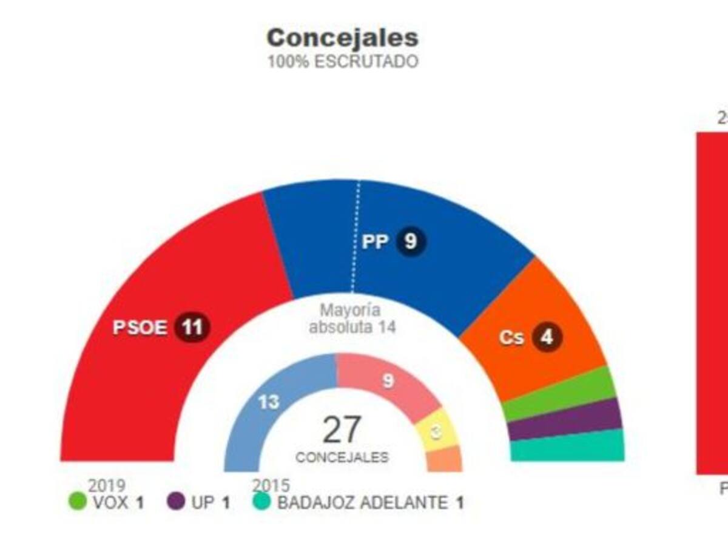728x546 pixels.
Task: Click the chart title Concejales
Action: (343, 38)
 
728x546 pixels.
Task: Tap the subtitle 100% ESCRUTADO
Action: (343, 62)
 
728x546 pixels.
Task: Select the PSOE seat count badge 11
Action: (192, 328)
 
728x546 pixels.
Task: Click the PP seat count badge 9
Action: (411, 241)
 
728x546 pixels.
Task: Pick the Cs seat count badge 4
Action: (547, 337)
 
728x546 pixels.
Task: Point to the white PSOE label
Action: (140, 328)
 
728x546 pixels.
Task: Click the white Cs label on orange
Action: (511, 338)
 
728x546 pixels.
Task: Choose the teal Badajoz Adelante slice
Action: (568, 447)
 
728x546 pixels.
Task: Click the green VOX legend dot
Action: (78, 502)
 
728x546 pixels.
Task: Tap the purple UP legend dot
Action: (176, 502)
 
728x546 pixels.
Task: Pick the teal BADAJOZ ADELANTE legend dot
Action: (262, 502)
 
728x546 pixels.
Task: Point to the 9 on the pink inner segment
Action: (388, 381)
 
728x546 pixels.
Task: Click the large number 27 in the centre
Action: (342, 430)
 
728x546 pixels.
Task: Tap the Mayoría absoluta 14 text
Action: (351, 319)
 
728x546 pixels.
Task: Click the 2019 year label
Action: (107, 485)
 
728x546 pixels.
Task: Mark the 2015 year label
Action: (271, 485)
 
